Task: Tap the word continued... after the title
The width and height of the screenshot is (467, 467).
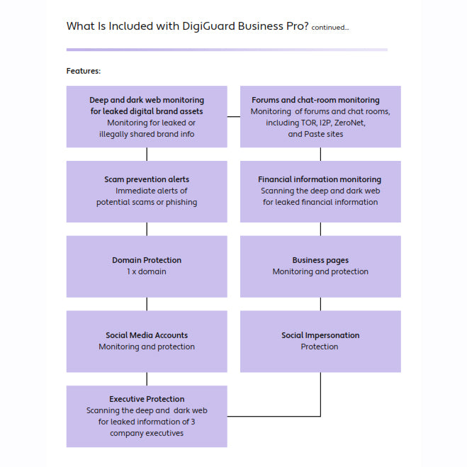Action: point(330,28)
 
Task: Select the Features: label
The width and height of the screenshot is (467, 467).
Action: point(84,71)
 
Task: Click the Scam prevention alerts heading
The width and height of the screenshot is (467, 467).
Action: point(147,179)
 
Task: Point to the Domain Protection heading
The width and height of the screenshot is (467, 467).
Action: point(147,260)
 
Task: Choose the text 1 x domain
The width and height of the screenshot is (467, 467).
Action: point(147,271)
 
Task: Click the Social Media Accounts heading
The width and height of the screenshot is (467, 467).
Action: point(147,335)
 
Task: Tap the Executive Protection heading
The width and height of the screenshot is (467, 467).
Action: point(147,399)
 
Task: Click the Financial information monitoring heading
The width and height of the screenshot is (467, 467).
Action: point(320,179)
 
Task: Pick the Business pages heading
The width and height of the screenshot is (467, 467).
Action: point(320,260)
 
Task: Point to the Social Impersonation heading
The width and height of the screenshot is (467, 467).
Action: point(320,335)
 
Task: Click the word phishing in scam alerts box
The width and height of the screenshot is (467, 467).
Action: point(180,202)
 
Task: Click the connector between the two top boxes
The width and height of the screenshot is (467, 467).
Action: point(234,116)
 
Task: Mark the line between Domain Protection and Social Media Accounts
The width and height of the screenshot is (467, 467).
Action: point(147,304)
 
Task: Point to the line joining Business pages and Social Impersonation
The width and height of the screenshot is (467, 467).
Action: point(320,304)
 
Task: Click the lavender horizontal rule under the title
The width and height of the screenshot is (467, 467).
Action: point(227,50)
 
